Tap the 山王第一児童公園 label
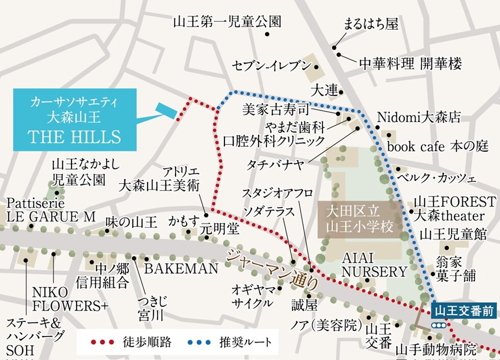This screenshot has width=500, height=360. (227, 22)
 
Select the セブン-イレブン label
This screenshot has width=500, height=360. (271, 66)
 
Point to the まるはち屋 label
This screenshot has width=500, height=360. (371, 24)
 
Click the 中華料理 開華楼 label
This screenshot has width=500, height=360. (410, 64)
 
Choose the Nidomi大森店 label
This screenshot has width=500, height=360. (419, 117)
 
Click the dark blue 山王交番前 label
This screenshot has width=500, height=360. (464, 311)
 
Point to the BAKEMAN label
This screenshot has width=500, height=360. (181, 269)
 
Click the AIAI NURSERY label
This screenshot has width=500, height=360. (374, 264)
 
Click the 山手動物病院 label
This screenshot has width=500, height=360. (436, 350)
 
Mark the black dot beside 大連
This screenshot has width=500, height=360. (341, 92)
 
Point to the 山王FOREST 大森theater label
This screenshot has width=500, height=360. (455, 207)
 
